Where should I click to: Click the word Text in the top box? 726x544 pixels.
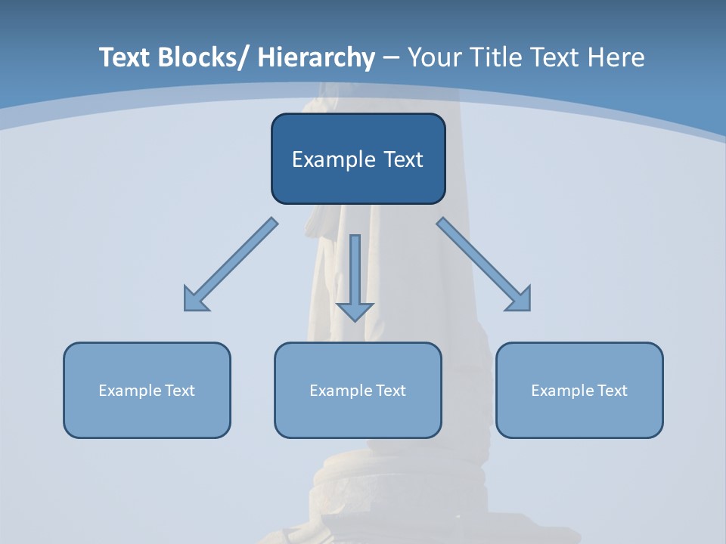[402, 159]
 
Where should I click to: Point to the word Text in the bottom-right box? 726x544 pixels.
[613, 391]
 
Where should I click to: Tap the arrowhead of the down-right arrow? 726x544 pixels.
[520, 301]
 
